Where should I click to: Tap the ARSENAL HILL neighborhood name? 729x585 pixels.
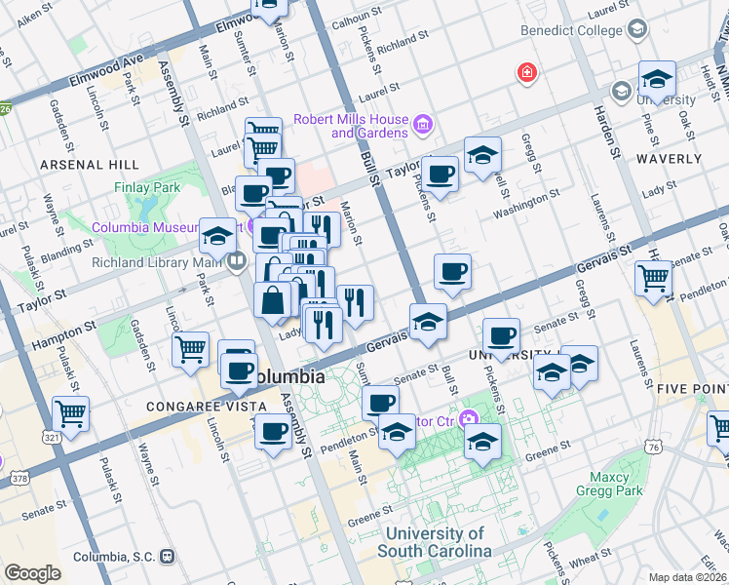tap(89, 165)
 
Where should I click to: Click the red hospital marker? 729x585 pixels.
tap(527, 73)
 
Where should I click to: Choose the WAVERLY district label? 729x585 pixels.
tap(669, 158)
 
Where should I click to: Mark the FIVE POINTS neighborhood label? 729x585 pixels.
tap(691, 388)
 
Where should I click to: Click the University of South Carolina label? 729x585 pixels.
tap(435, 542)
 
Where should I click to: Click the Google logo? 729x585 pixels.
tap(32, 573)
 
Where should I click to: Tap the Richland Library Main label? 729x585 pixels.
tap(158, 262)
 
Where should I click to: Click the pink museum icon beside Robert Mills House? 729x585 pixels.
tap(422, 124)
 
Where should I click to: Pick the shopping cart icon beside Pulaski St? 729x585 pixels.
tap(71, 414)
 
